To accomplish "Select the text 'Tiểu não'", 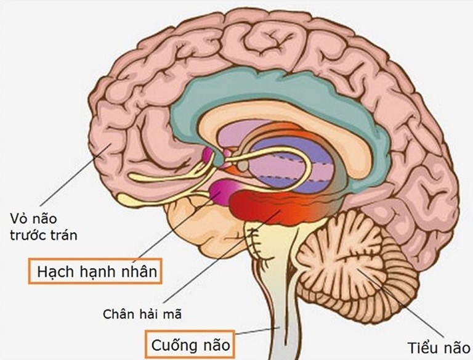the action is coord(439,348).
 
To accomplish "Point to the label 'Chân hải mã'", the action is coord(142,314).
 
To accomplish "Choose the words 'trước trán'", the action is coord(44,235).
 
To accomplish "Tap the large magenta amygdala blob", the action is coord(223,193).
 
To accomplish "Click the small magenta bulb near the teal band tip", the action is coord(208,154).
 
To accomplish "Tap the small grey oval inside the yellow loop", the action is coord(243,165).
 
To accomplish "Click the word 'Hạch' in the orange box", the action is coord(55,272).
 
